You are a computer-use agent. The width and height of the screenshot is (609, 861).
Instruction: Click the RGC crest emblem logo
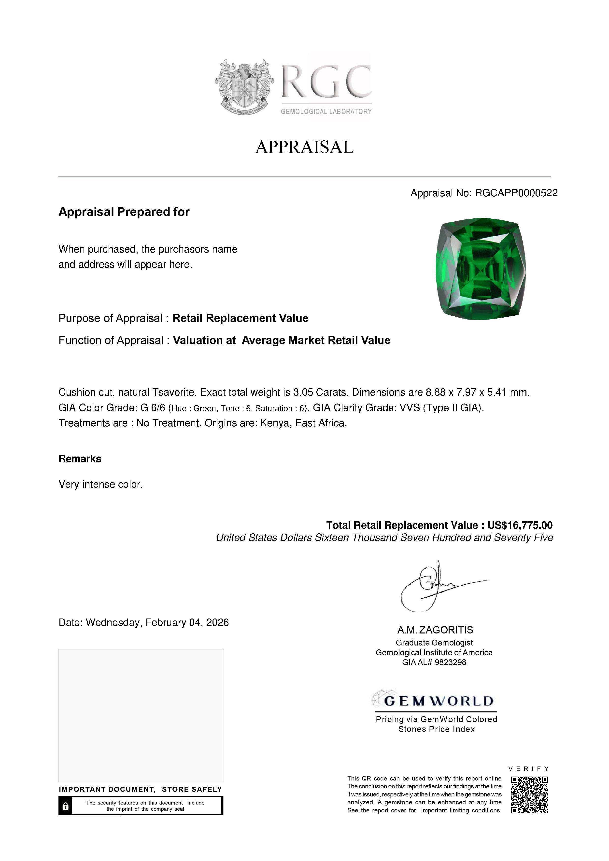coord(244,87)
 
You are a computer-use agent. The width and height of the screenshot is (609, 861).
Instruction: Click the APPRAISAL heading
coord(304,147)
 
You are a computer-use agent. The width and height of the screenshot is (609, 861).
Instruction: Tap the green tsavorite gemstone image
coord(481,269)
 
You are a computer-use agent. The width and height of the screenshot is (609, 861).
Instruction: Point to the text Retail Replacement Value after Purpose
coord(240,318)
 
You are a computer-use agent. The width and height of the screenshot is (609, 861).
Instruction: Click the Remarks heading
coord(80,459)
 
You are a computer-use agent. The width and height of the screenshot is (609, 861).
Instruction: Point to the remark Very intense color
coord(100,484)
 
